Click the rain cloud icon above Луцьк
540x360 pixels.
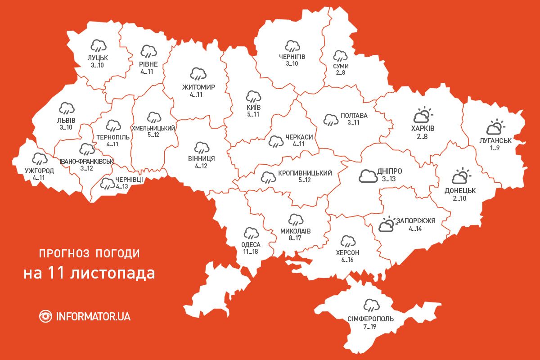pyautogui.click(x=98, y=45)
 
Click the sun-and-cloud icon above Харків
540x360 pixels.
pyautogui.click(x=422, y=116)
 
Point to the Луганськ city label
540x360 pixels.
pyautogui.click(x=496, y=140)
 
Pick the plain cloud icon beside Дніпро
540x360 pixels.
pyautogui.click(x=368, y=175)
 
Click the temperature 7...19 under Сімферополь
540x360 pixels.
pyautogui.click(x=370, y=327)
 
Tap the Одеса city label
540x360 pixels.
pyautogui.click(x=251, y=244)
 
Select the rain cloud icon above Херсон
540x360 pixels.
pyautogui.click(x=347, y=241)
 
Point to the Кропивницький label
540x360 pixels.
pyautogui.click(x=305, y=173)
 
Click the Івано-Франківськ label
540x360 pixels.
pyautogui.click(x=86, y=161)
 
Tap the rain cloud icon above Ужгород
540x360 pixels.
pyautogui.click(x=40, y=158)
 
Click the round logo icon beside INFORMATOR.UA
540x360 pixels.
pyautogui.click(x=46, y=316)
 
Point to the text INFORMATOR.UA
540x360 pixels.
pyautogui.click(x=93, y=316)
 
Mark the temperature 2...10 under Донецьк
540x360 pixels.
pyautogui.click(x=459, y=198)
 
